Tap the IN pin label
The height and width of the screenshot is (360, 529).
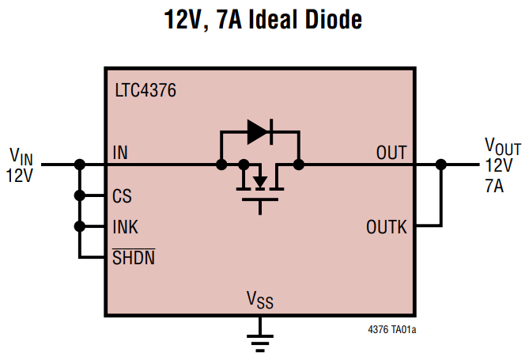(x=120, y=152)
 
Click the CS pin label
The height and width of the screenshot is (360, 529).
(x=122, y=195)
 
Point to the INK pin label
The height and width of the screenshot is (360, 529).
(x=125, y=227)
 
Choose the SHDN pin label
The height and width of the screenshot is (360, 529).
(x=133, y=258)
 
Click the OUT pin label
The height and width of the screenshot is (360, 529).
(x=391, y=152)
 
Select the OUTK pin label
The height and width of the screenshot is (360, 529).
(x=387, y=227)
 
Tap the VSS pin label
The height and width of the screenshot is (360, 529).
(x=260, y=299)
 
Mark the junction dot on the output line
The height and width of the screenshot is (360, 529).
(x=441, y=165)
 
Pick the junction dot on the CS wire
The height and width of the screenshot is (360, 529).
(x=79, y=195)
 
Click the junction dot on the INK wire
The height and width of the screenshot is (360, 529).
(x=79, y=227)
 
